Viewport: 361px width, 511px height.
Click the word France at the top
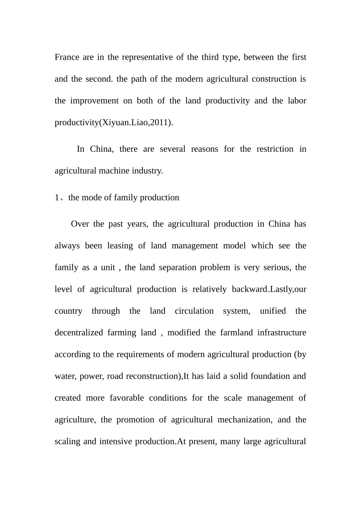67,57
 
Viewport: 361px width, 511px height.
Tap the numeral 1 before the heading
57,198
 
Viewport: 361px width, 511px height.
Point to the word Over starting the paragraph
80,224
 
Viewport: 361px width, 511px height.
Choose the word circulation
194,311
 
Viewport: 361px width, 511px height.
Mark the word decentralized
79,333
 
